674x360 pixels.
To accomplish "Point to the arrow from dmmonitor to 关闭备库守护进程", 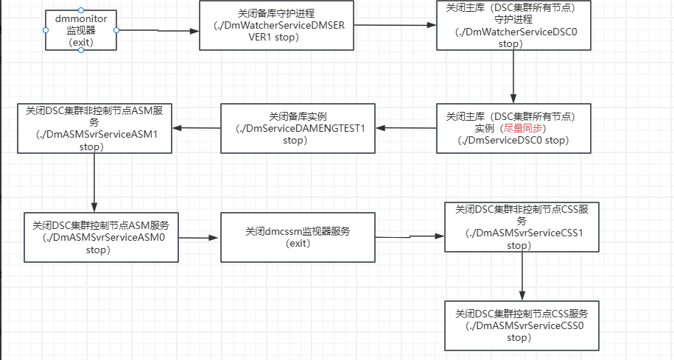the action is [x=158, y=30].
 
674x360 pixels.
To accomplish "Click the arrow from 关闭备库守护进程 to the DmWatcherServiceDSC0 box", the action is [x=395, y=25].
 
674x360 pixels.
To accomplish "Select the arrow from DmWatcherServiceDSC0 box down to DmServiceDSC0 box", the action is [x=513, y=77].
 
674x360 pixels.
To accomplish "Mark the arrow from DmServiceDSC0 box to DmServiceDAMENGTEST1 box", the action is [x=406, y=128].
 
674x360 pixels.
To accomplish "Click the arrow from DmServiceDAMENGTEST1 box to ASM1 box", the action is [x=197, y=128].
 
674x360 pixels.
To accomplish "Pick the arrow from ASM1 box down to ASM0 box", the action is [x=94, y=183].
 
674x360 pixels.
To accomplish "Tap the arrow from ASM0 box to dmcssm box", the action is [x=199, y=238].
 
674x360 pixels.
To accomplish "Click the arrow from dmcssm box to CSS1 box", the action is [x=410, y=236].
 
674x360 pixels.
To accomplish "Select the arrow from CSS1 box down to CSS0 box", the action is [x=522, y=276].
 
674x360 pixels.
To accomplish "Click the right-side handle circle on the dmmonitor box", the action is [x=116, y=30].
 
